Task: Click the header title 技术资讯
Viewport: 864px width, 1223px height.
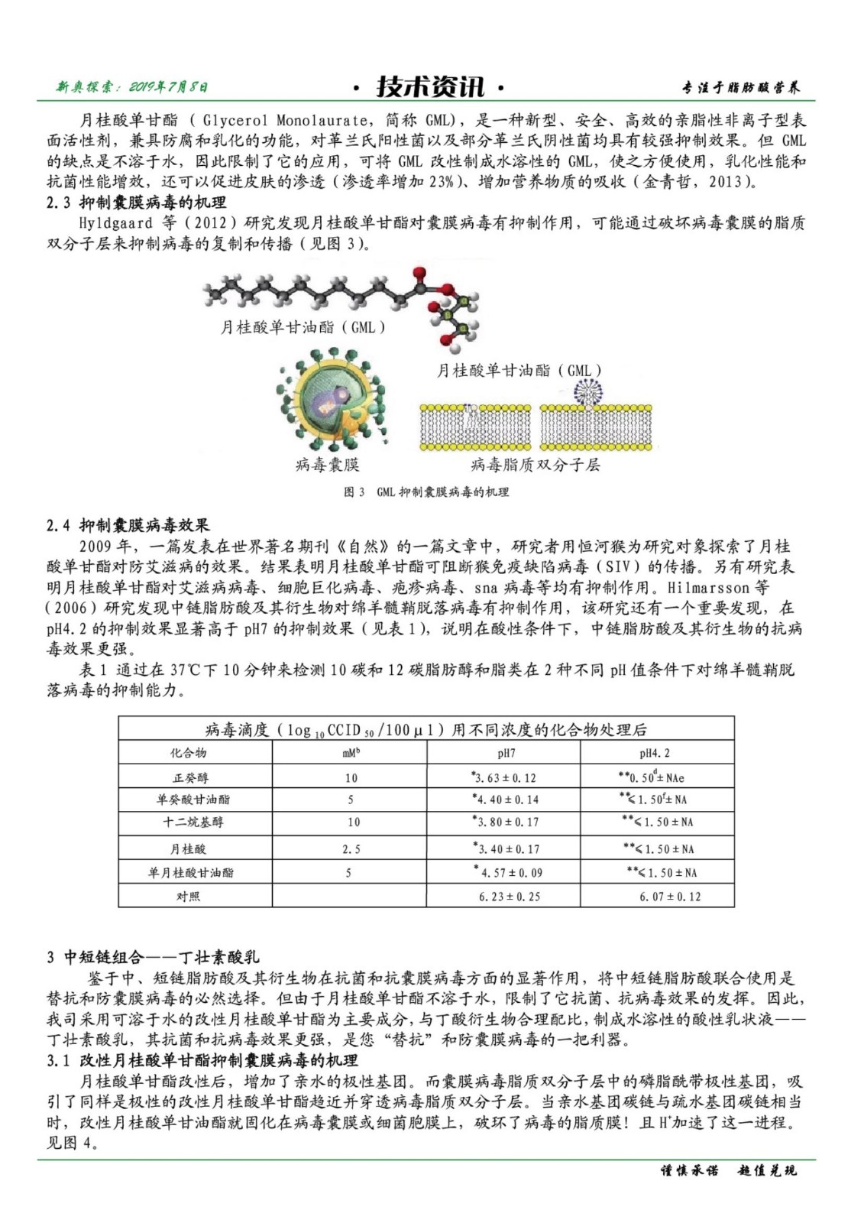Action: pyautogui.click(x=429, y=86)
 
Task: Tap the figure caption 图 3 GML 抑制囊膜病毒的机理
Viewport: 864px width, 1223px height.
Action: pyautogui.click(x=426, y=492)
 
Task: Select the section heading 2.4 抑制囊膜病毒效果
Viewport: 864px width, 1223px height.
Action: pyautogui.click(x=128, y=525)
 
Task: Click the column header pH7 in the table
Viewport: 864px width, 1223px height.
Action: pyautogui.click(x=506, y=754)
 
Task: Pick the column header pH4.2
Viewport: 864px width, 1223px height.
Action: pyautogui.click(x=655, y=754)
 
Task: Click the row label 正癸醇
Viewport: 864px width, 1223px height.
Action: pyautogui.click(x=190, y=778)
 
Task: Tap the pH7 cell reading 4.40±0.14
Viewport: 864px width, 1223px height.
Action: pyautogui.click(x=506, y=800)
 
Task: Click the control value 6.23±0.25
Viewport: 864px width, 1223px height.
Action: pyautogui.click(x=509, y=897)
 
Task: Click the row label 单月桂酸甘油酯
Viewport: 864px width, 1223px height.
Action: pyautogui.click(x=191, y=873)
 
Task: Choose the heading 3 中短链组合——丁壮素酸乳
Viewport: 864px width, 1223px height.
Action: pyautogui.click(x=153, y=957)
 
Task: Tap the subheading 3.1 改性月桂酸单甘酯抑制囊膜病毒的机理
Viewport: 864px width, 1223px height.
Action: pyautogui.click(x=202, y=1061)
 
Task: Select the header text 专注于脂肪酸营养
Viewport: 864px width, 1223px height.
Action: pyautogui.click(x=741, y=88)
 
